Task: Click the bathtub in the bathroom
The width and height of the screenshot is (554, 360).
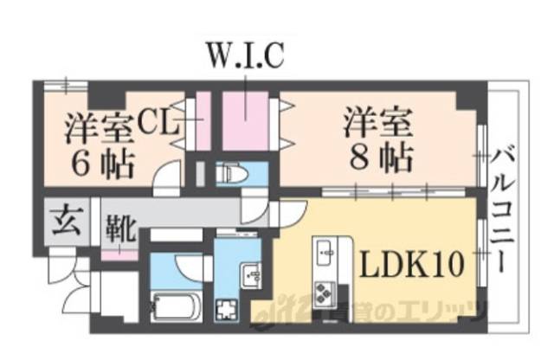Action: [x=176, y=305]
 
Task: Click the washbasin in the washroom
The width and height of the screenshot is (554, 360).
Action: [x=251, y=275]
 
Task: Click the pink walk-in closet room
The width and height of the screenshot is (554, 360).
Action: [x=246, y=118]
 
